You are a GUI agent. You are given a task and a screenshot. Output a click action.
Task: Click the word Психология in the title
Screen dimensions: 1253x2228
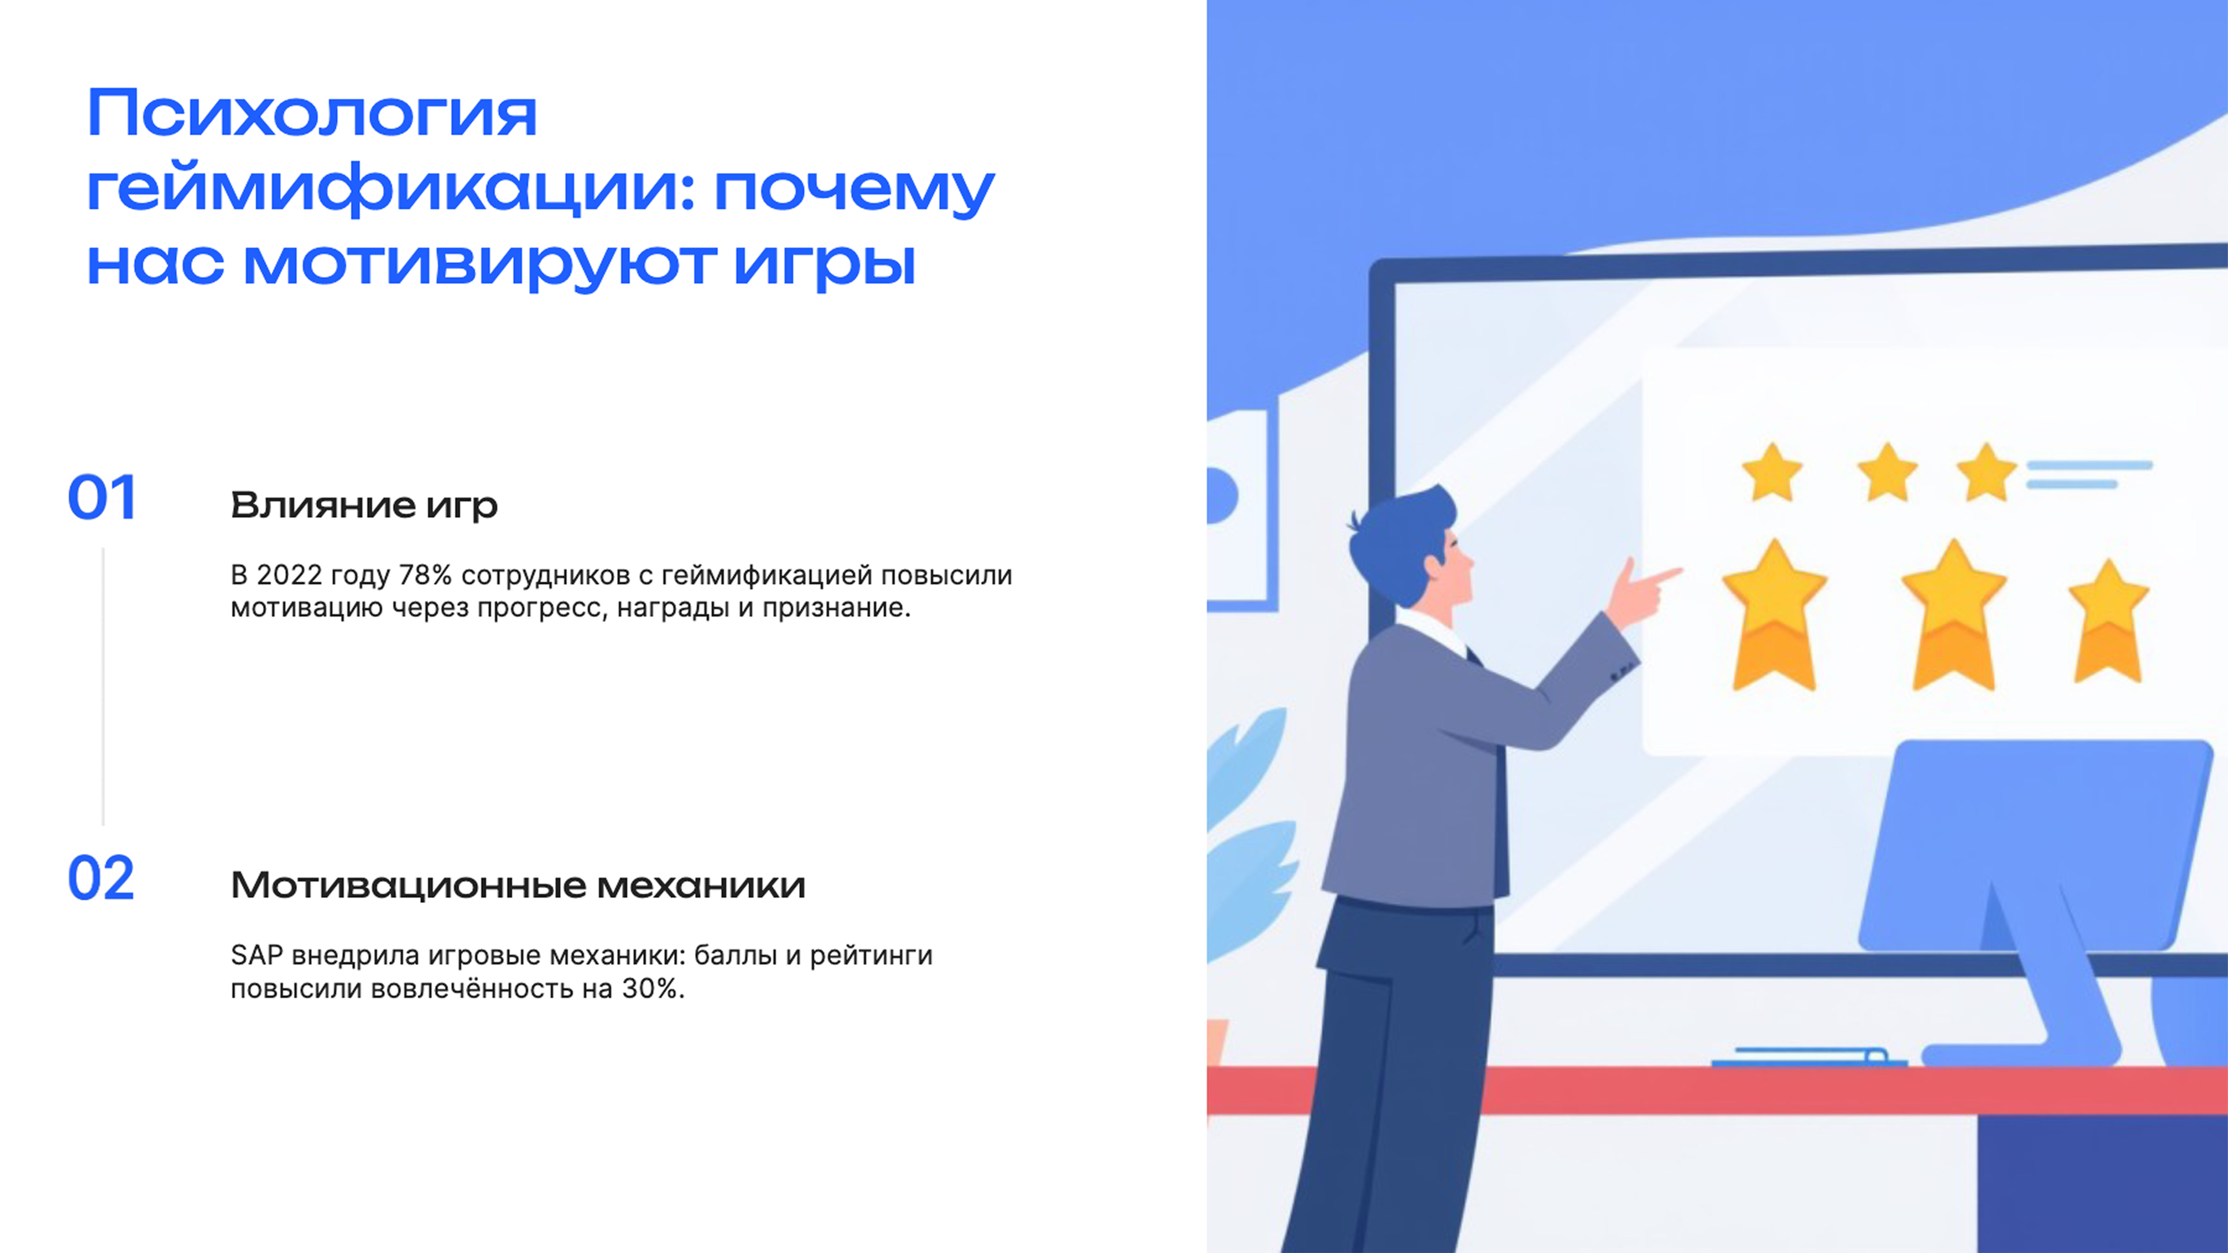[x=311, y=115]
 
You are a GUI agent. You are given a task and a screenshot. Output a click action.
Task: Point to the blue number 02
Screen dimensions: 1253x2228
[x=101, y=880]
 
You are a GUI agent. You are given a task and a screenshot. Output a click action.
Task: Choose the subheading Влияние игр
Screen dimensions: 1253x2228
[x=363, y=505]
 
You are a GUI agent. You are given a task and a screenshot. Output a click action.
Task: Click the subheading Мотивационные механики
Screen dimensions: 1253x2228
[x=517, y=885]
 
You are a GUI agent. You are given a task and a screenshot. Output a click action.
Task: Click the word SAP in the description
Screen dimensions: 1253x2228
[x=256, y=956]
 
